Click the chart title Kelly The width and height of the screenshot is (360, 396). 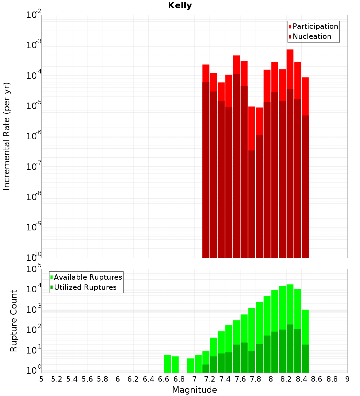(180, 6)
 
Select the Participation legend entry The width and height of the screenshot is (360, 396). (315, 26)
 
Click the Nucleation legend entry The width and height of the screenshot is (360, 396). (312, 36)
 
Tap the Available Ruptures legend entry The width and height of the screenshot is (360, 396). (88, 277)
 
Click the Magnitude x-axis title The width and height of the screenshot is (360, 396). (194, 390)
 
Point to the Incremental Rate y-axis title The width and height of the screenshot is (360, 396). (7, 136)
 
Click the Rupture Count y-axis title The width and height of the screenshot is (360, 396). (14, 320)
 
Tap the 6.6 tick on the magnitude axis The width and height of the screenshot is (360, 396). (164, 379)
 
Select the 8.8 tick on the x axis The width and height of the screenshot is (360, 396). (332, 379)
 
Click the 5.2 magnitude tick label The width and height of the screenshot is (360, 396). (57, 379)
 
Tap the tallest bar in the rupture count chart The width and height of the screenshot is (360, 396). (290, 306)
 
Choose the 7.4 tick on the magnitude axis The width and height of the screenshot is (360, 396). (225, 379)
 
